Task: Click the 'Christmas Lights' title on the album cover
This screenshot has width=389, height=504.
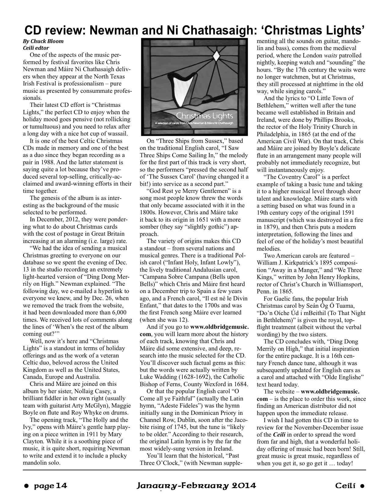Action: tap(204, 116)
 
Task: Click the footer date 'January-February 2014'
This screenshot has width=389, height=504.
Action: tap(196, 485)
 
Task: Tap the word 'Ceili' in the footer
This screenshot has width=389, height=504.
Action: tap(346, 485)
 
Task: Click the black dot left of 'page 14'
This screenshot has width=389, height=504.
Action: tap(27, 485)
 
